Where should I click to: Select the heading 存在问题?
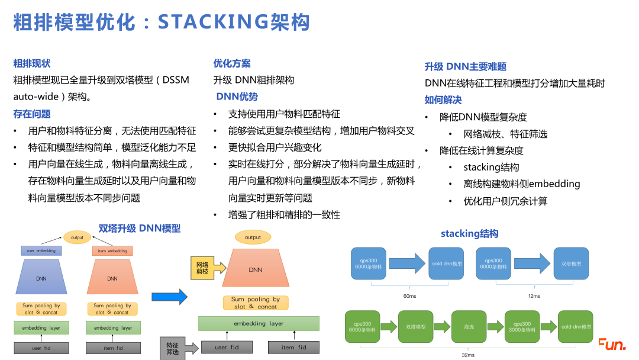32,114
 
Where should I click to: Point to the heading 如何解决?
443,100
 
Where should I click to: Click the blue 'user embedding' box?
41,251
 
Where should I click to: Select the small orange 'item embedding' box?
112,251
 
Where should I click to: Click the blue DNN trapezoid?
41,278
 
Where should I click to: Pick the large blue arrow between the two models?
169,297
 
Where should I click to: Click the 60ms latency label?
409,295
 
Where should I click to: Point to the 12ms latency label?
534,295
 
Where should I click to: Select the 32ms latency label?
467,355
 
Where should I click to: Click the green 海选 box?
467,326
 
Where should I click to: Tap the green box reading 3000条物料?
522,326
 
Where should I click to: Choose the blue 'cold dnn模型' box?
446,263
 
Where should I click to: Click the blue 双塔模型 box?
571,263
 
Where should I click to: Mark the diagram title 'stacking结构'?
469,234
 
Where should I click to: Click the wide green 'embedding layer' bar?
259,323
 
